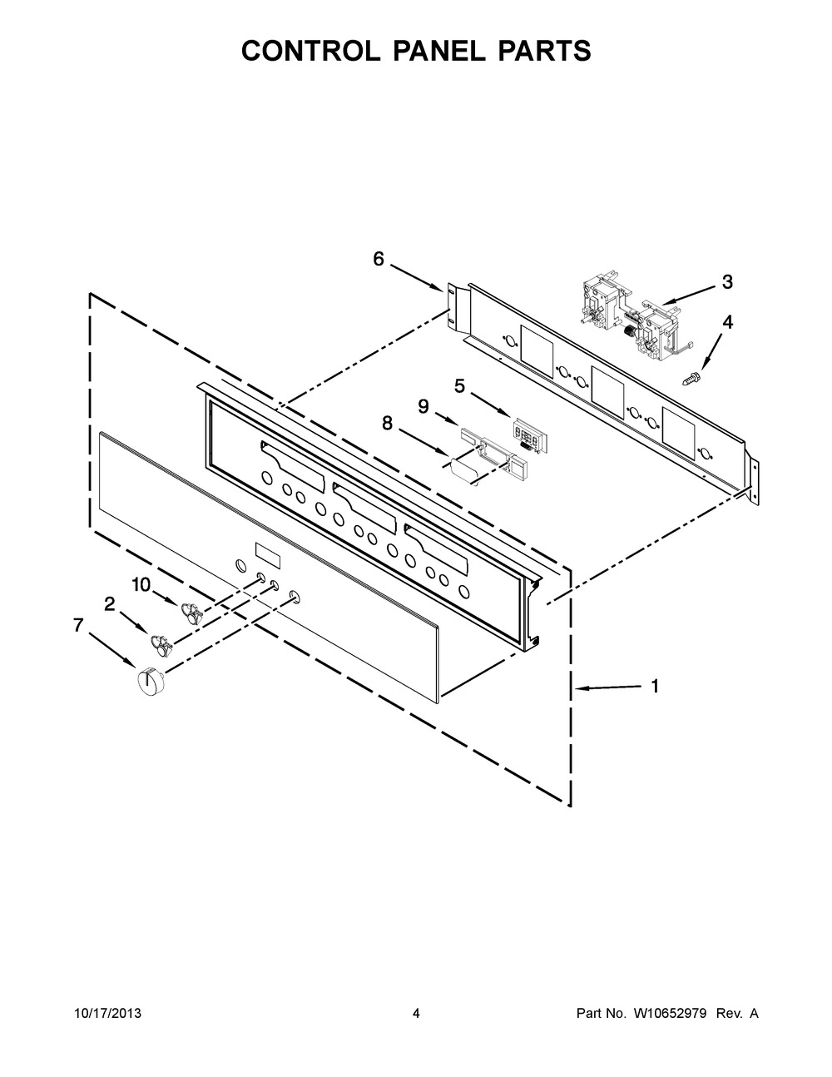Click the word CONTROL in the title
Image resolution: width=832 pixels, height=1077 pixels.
point(310,51)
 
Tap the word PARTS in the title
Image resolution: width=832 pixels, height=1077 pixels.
point(544,51)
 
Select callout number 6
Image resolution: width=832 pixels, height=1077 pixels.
point(379,259)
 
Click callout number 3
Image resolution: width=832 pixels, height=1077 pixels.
point(727,282)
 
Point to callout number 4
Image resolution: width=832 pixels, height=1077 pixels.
point(727,323)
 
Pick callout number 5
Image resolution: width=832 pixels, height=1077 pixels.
point(460,385)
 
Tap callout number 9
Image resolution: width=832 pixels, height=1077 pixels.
point(423,406)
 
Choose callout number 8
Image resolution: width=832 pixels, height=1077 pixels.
point(387,423)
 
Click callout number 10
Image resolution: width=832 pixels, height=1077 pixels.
point(141,585)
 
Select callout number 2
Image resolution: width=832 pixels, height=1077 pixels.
point(109,603)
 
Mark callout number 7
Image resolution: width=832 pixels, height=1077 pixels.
point(77,626)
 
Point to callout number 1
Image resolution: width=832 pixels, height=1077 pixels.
point(656,687)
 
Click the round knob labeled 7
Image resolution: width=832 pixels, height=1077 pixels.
point(147,680)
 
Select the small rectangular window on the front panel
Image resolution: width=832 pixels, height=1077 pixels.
point(268,556)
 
